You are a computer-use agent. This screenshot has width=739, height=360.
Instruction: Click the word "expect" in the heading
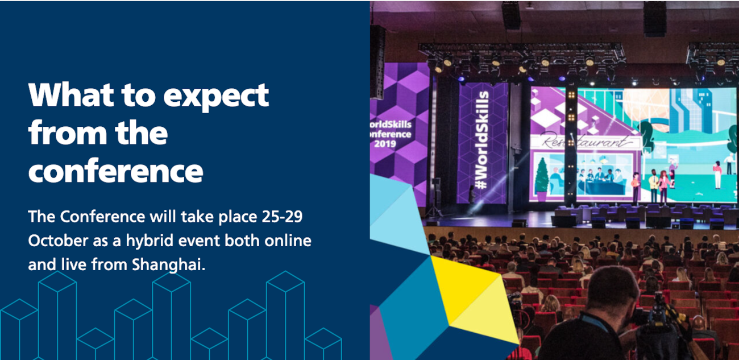(x=216, y=96)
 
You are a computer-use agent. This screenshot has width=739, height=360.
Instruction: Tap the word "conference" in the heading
(x=115, y=171)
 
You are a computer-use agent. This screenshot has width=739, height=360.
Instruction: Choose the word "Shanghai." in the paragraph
(x=169, y=265)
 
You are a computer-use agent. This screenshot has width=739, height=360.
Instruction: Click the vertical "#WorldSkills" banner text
(x=482, y=139)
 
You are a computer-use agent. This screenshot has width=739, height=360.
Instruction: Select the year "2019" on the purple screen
(x=385, y=144)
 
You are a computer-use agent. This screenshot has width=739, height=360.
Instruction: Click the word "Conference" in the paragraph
(x=102, y=217)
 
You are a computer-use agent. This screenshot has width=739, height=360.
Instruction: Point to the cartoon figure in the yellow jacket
(x=653, y=185)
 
